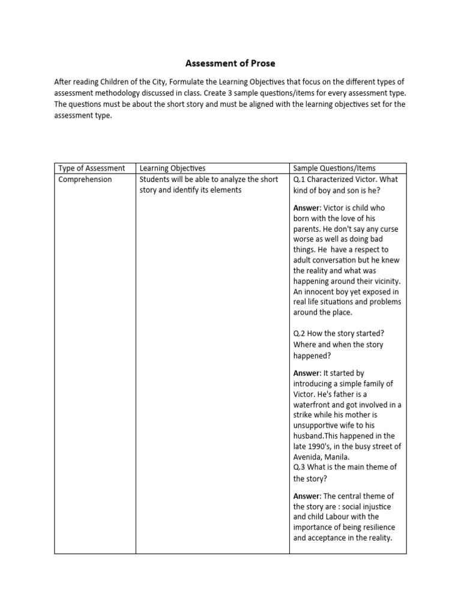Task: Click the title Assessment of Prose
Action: pyautogui.click(x=230, y=62)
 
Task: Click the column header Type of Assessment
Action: pyautogui.click(x=91, y=168)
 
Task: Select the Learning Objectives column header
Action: pyautogui.click(x=172, y=168)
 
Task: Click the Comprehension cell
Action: pyautogui.click(x=85, y=180)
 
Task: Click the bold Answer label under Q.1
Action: pyautogui.click(x=307, y=208)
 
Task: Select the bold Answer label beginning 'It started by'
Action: pyautogui.click(x=307, y=374)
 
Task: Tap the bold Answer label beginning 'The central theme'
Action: pyautogui.click(x=307, y=496)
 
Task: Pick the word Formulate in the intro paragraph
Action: pyautogui.click(x=190, y=81)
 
